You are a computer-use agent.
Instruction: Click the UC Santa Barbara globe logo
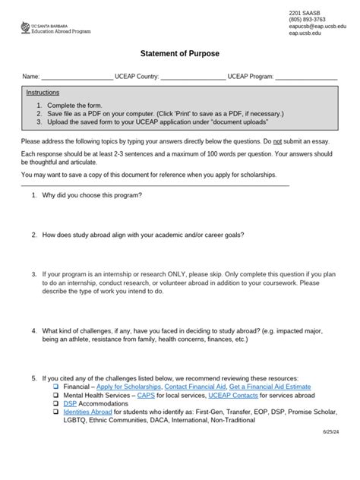pos(26,27)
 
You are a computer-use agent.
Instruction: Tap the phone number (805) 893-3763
pos(309,20)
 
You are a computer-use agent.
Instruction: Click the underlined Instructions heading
pos(43,92)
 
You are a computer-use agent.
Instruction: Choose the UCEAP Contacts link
pos(226,396)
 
